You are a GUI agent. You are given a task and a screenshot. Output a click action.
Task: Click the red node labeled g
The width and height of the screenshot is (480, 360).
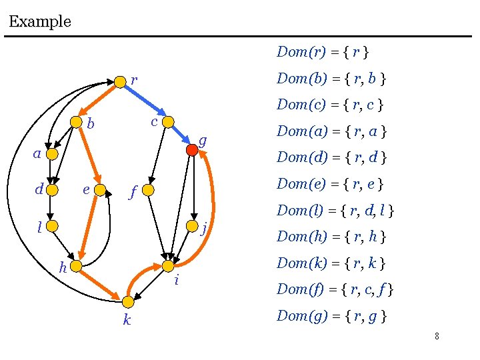click(x=192, y=150)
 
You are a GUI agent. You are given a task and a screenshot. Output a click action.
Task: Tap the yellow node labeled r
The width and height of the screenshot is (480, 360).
click(x=119, y=81)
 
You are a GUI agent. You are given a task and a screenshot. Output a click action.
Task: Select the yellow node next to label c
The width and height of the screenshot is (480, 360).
click(x=169, y=122)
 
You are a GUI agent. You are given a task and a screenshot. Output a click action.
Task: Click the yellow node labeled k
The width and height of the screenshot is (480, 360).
click(x=127, y=301)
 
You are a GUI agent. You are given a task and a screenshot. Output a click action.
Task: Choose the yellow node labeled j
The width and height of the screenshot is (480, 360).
click(x=192, y=227)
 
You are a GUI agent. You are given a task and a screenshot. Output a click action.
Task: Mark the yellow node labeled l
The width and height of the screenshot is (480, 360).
click(x=55, y=227)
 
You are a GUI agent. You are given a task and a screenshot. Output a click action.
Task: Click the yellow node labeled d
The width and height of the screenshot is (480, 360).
click(x=55, y=190)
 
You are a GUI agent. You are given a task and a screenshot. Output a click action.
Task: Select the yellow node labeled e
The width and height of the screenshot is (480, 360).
click(x=101, y=190)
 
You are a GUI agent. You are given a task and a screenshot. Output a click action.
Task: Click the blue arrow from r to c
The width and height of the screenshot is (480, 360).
click(x=144, y=101)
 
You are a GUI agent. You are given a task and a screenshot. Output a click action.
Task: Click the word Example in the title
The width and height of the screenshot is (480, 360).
click(x=40, y=21)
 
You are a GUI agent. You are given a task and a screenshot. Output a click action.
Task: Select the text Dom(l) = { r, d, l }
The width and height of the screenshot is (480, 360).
click(x=335, y=211)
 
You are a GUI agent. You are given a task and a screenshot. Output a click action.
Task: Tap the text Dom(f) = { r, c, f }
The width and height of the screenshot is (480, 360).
click(x=335, y=289)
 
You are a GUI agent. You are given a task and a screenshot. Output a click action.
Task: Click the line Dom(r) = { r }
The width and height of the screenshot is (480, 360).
click(x=323, y=52)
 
